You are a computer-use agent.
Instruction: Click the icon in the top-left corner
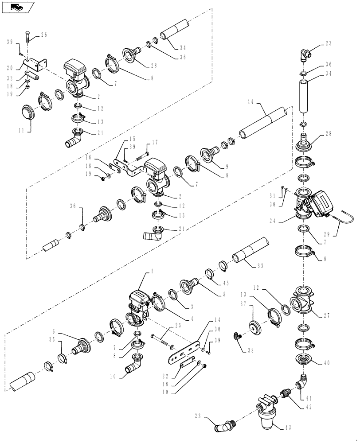coord(18,7)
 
